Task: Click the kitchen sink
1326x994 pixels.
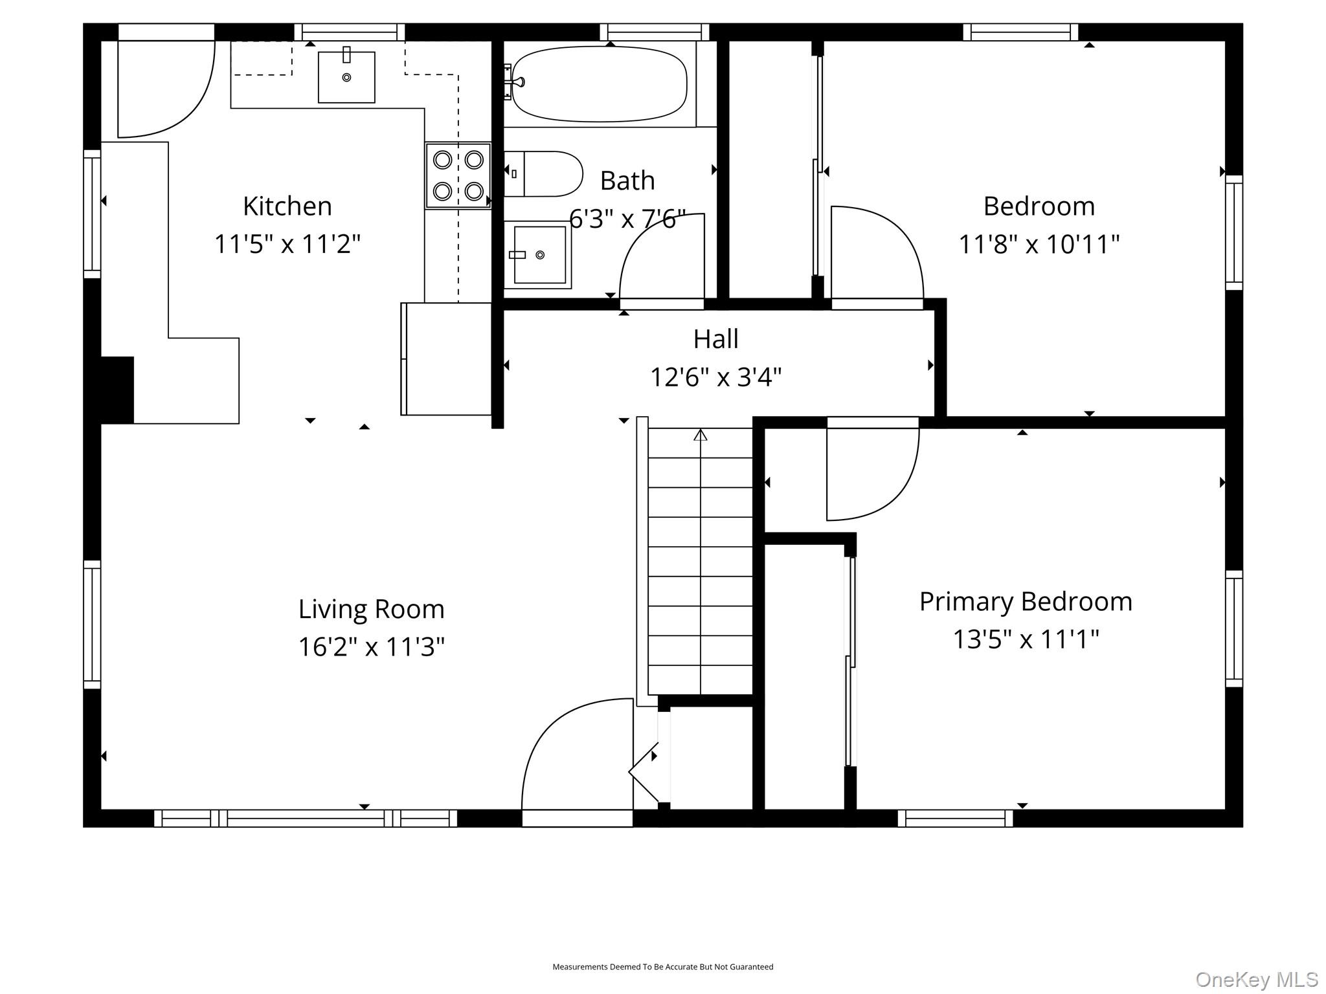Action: point(346,76)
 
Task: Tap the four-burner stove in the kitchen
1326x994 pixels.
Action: point(458,175)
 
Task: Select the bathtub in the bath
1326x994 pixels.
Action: point(600,84)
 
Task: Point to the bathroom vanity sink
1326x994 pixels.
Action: point(537,254)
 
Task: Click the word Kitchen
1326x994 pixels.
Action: point(287,206)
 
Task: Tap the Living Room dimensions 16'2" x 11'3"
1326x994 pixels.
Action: point(372,646)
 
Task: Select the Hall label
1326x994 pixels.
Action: point(716,338)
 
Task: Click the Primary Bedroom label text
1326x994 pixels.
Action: point(1026,602)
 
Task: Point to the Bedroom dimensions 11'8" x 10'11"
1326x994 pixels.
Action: point(1039,244)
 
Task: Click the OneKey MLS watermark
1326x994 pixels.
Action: point(1257,979)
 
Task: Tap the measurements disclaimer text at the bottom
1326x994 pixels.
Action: point(663,967)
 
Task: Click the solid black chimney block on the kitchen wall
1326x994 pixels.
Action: point(117,390)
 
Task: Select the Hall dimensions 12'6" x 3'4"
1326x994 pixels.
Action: point(716,377)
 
